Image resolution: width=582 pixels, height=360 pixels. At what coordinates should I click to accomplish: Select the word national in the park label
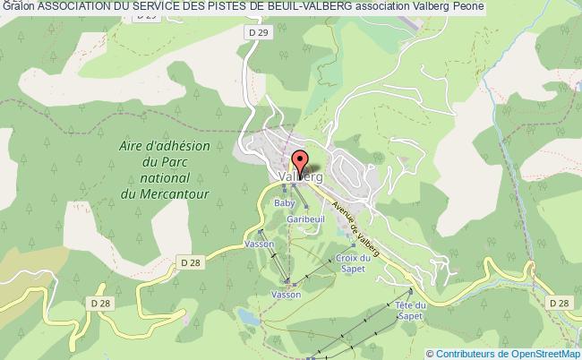click(x=150, y=178)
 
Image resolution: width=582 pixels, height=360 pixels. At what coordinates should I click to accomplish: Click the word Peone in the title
click(x=470, y=7)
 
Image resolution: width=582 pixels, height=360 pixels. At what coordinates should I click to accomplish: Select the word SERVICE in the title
click(x=143, y=7)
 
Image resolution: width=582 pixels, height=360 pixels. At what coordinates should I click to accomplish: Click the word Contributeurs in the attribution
click(x=468, y=353)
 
